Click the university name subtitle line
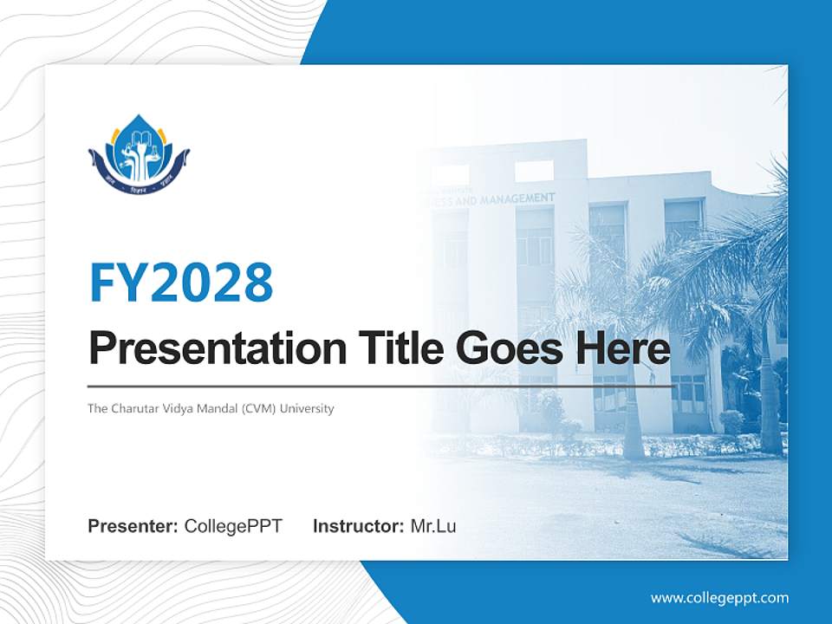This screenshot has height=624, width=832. pyautogui.click(x=211, y=408)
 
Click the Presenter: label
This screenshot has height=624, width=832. pyautogui.click(x=133, y=526)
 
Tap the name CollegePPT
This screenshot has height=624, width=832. pyautogui.click(x=233, y=526)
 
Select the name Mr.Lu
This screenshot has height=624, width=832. pyautogui.click(x=433, y=526)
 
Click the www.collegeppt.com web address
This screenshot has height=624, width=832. pyautogui.click(x=719, y=598)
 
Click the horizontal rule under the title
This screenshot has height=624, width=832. pyautogui.click(x=381, y=386)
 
